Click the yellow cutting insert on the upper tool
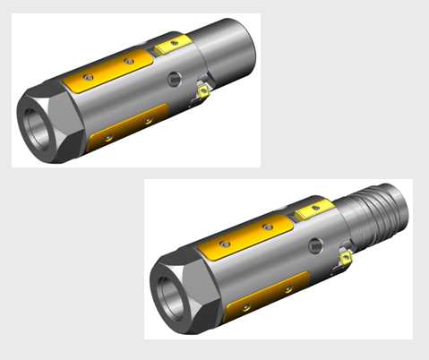pos(204,90)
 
